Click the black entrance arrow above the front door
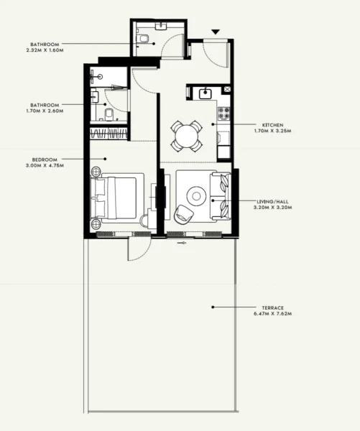click(x=214, y=32)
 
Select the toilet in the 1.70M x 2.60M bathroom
click(x=106, y=117)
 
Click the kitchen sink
click(x=203, y=93)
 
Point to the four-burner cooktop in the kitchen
click(x=222, y=113)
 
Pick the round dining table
click(x=187, y=134)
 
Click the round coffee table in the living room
click(x=195, y=194)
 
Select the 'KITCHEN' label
click(x=267, y=124)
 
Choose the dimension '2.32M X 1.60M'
click(x=45, y=50)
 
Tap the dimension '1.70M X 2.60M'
click(x=45, y=111)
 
